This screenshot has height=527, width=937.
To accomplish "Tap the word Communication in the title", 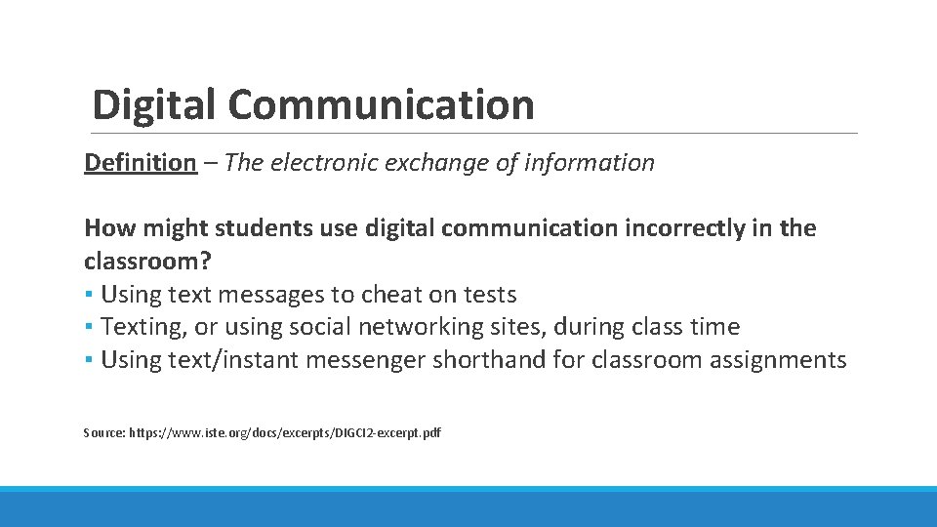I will click(x=382, y=104).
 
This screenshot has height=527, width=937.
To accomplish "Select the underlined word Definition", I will click(x=140, y=162).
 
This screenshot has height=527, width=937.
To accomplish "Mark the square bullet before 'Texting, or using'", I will click(x=88, y=327).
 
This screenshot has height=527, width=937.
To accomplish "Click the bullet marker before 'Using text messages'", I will click(x=88, y=295).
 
